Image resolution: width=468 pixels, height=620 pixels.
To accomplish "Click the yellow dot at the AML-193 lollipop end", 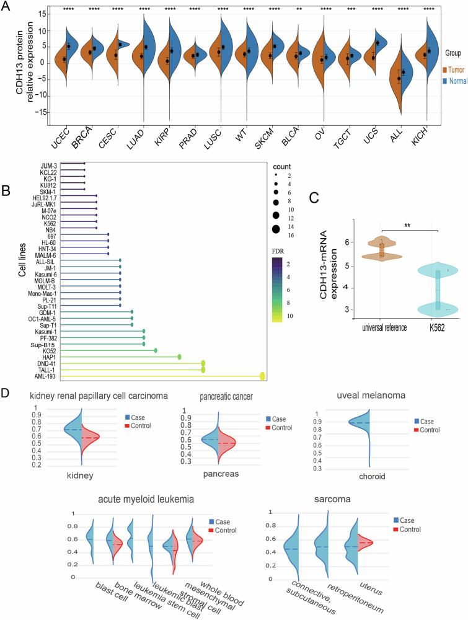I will point(263,376).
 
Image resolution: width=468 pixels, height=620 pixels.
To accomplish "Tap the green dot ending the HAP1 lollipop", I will point(179,356).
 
